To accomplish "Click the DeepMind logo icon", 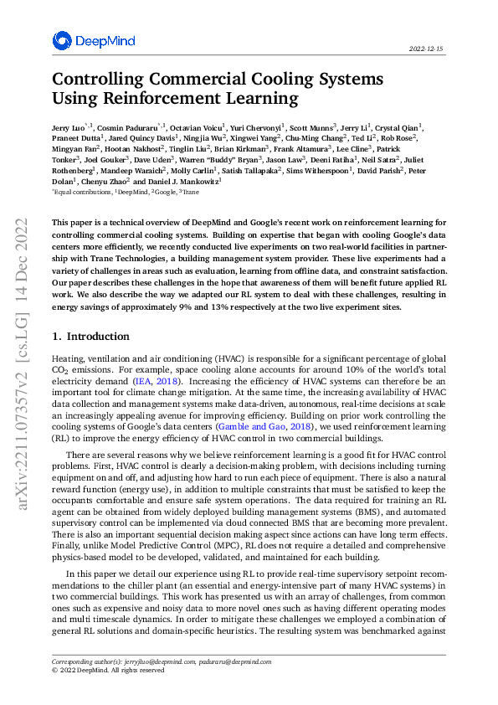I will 62,41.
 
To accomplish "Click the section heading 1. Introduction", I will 90,337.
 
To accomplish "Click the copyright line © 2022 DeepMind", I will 108,670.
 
